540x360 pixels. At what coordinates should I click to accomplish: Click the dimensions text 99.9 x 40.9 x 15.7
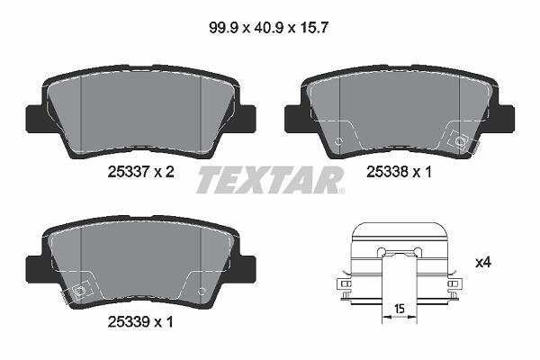point(268,28)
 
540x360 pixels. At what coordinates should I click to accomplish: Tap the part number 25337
point(128,172)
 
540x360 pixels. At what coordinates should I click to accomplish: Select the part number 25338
point(387,172)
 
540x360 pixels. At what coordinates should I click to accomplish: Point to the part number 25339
point(128,322)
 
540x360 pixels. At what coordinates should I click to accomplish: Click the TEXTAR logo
point(269,180)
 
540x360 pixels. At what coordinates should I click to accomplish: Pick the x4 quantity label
point(482,263)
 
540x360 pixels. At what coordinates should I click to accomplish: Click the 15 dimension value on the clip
point(400,309)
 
